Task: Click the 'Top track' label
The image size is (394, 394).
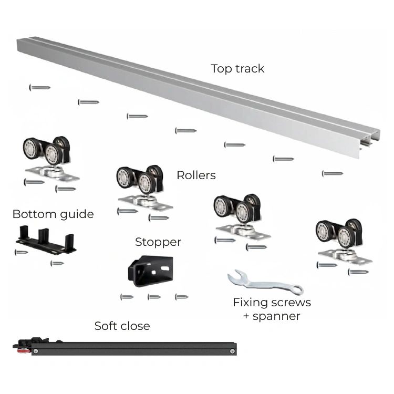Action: click(x=237, y=69)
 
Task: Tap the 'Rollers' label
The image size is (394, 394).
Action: click(x=196, y=175)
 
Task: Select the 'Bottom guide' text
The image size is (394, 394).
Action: click(x=53, y=215)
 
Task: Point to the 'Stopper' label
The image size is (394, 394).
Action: click(x=158, y=243)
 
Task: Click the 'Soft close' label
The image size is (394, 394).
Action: click(x=122, y=326)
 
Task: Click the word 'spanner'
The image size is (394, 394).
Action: click(x=276, y=317)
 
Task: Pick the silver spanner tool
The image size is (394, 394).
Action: click(x=265, y=283)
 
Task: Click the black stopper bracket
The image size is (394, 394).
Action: click(x=151, y=271)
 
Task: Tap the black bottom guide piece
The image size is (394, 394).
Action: click(x=46, y=240)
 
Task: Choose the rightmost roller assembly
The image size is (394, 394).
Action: click(x=343, y=241)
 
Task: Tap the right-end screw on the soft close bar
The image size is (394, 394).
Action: click(x=232, y=351)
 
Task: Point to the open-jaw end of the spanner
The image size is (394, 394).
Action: click(x=234, y=276)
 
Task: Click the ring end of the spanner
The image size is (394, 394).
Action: click(x=297, y=289)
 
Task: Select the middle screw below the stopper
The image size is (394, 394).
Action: click(x=154, y=297)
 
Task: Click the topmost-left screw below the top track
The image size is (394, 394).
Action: click(x=40, y=88)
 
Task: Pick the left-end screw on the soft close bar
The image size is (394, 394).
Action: click(x=36, y=351)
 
